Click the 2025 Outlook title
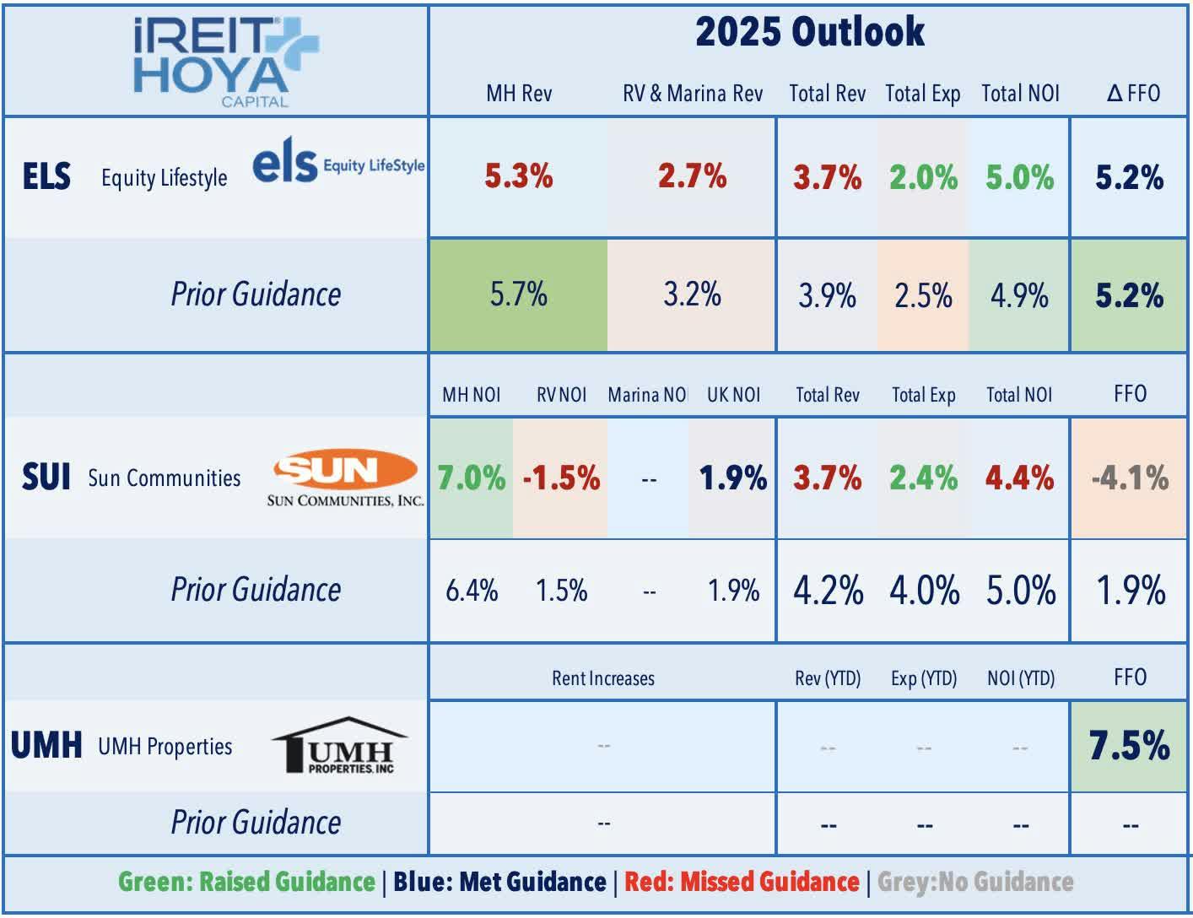click(809, 33)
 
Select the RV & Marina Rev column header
click(692, 93)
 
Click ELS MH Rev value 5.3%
click(518, 176)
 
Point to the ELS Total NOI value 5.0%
click(1019, 177)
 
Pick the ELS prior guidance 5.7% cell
click(518, 294)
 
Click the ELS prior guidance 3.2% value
click(692, 294)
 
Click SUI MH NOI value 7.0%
click(471, 478)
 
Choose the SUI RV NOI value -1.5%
click(561, 478)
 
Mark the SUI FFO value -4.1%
click(1129, 478)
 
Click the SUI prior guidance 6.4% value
click(471, 590)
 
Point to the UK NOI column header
click(733, 395)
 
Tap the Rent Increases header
click(602, 678)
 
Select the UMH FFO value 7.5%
click(1129, 746)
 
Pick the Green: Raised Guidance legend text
click(246, 882)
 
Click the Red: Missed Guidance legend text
click(742, 882)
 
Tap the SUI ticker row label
click(46, 478)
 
